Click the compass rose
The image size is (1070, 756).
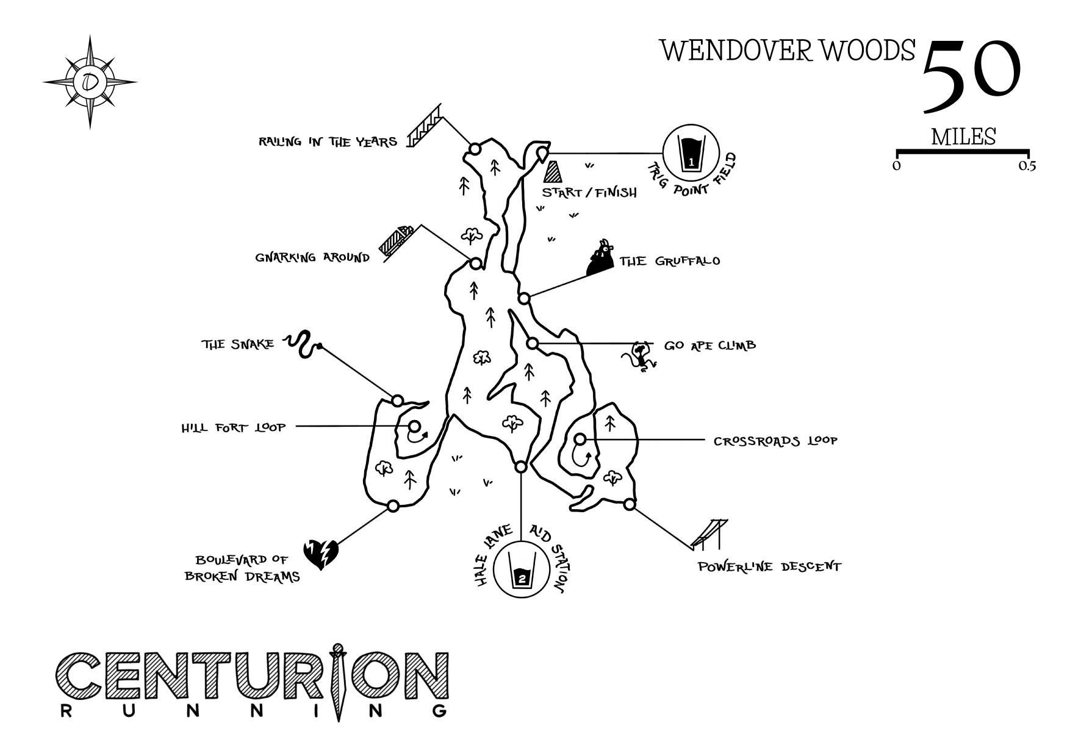coord(90,82)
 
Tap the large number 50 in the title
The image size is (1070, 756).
coord(971,76)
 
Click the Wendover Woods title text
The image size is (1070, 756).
coord(788,50)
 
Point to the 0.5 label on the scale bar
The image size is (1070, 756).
coord(1027,166)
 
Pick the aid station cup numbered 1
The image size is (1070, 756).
coord(691,154)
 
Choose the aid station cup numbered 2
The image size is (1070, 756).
coord(521,570)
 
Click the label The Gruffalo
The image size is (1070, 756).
coord(669,262)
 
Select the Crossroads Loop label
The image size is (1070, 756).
coord(775,440)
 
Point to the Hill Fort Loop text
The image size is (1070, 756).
coord(233,427)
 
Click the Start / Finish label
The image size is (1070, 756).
coord(589,193)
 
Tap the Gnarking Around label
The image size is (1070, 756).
coord(312,257)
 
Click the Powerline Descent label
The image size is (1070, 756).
coord(769,567)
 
